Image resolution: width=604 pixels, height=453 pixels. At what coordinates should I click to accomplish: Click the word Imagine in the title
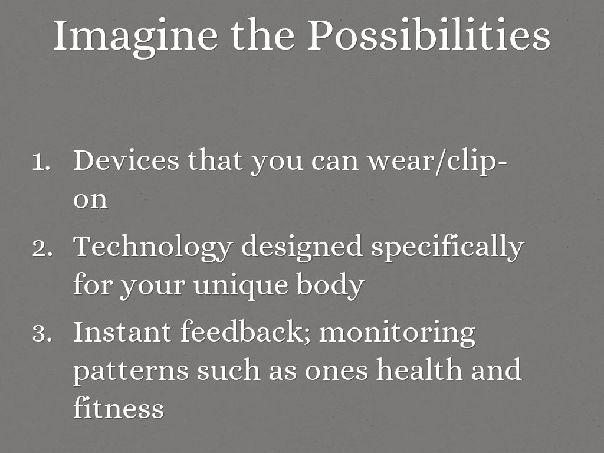136,37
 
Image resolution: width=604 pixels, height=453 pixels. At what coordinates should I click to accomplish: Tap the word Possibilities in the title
429,35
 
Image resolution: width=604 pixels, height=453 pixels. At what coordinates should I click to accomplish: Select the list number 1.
41,162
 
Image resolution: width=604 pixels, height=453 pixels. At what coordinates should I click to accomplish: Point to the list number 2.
42,248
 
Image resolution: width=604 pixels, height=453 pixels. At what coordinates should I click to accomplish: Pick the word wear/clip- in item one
437,162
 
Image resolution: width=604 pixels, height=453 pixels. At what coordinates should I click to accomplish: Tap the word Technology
153,248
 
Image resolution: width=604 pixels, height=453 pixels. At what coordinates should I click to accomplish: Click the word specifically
448,248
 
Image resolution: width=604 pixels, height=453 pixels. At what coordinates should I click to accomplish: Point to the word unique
241,286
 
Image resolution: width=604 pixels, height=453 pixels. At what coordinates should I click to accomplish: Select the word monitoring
397,334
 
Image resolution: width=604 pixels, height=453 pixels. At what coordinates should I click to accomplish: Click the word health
419,369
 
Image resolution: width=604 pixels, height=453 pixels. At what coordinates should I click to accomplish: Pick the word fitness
119,407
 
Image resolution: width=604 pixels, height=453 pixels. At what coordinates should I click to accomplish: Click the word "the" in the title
263,35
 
